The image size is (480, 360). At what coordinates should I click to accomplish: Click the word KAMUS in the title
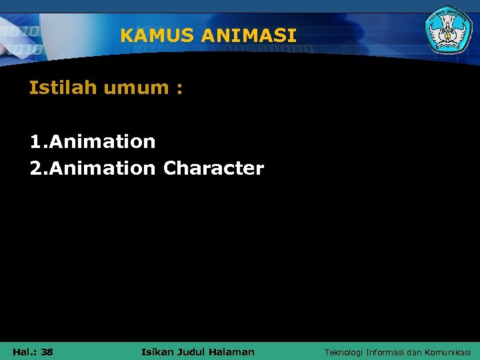pos(149,35)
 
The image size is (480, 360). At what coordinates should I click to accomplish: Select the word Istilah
pos(63,88)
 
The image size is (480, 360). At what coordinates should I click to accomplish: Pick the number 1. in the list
pos(39,141)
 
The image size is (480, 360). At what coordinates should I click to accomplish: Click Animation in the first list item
pos(102,141)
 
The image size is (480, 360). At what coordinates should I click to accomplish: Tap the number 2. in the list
pos(39,168)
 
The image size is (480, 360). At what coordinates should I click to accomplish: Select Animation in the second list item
pos(102,168)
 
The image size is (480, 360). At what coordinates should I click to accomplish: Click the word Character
pos(213,168)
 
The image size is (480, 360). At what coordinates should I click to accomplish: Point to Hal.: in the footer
pos(24,351)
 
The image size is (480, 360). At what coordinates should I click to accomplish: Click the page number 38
pos(47,351)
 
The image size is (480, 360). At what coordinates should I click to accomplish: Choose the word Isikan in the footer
pos(159,351)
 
